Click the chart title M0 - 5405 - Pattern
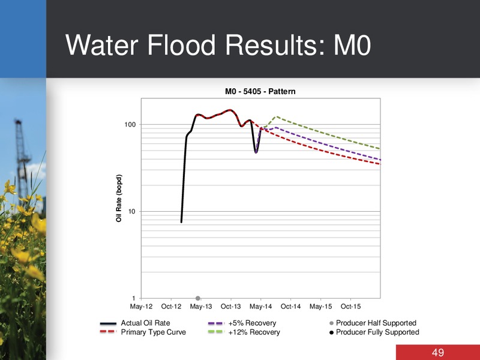click(260, 92)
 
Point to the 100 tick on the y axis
click(130, 125)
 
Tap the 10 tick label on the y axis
click(131, 212)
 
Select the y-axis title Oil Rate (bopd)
click(119, 198)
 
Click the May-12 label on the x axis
click(141, 307)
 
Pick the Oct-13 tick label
click(231, 307)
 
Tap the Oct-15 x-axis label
click(351, 307)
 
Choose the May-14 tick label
click(261, 307)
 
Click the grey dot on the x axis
click(198, 298)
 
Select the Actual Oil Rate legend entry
click(135, 323)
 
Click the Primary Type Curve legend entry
click(143, 332)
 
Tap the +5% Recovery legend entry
click(242, 323)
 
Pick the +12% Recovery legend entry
click(244, 332)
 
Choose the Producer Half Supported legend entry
click(373, 323)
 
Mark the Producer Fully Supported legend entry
click(374, 332)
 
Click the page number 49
click(438, 353)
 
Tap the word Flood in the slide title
click(182, 45)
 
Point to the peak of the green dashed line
click(277, 116)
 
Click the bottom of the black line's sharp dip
click(256, 152)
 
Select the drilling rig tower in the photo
click(21, 159)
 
